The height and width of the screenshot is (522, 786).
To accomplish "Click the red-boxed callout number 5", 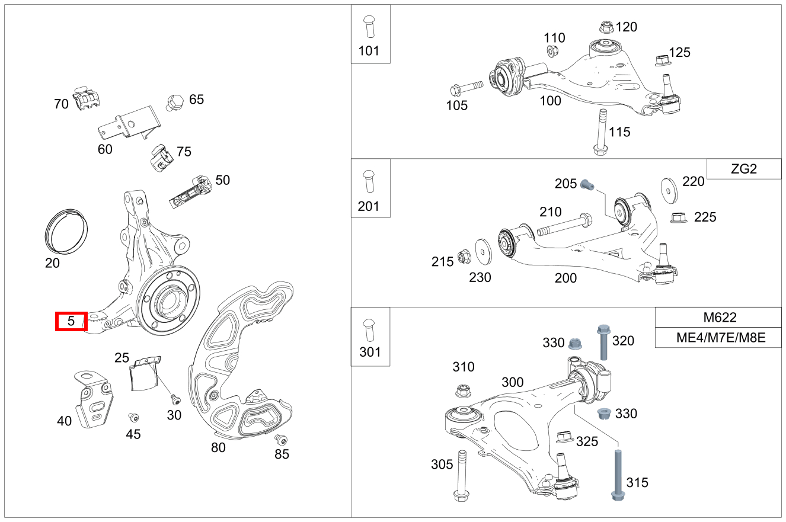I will click(x=71, y=321).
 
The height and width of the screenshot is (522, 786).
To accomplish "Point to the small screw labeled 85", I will click(x=280, y=440).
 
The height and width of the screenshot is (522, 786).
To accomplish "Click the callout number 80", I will click(x=218, y=447).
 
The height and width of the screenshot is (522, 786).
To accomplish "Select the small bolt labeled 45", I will click(x=133, y=417).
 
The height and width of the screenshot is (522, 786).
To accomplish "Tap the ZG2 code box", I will click(x=744, y=169).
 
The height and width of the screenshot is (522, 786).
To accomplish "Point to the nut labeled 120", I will click(x=606, y=27).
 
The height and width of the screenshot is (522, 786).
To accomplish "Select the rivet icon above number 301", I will click(x=370, y=328).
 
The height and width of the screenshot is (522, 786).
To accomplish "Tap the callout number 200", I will click(x=565, y=278).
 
